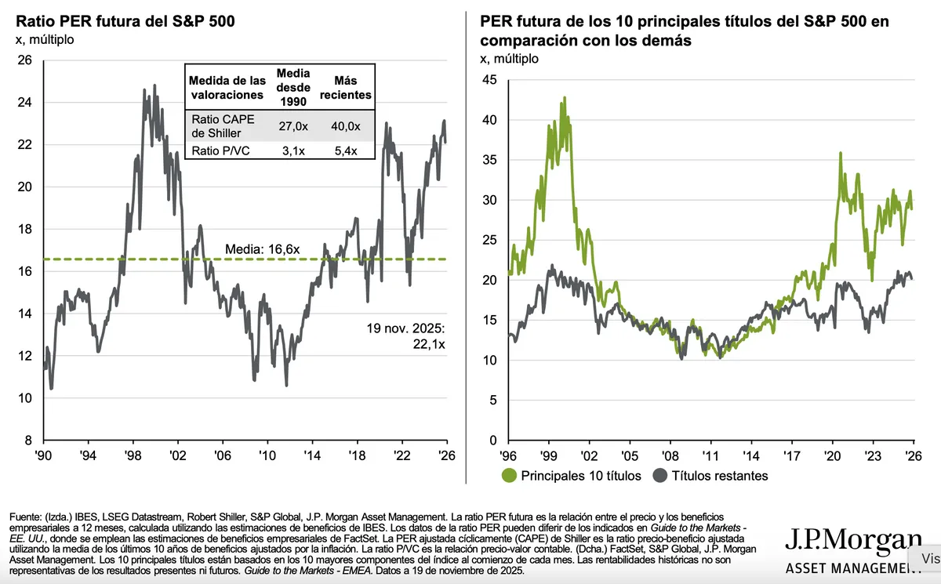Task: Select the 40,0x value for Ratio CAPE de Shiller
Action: point(346,126)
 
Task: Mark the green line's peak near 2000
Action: point(564,98)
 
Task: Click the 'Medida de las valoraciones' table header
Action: point(227,88)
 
